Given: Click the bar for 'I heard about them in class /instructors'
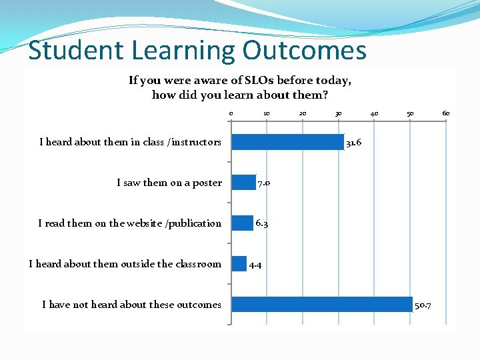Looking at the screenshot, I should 287,142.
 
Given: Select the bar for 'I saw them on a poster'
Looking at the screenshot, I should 243,183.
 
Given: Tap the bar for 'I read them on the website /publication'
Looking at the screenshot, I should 242,223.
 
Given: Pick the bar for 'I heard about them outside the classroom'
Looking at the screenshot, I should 239,264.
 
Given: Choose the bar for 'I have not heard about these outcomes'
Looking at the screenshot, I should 321,305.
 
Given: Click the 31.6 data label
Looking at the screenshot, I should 353,143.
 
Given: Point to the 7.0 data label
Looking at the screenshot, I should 263,183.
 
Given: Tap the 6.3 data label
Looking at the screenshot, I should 261,224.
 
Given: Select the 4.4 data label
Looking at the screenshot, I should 255,265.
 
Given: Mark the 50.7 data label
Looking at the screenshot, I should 423,305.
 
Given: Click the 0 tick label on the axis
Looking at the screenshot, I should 231,113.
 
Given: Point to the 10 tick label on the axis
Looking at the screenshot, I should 266,113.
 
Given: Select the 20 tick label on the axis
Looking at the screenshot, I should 302,113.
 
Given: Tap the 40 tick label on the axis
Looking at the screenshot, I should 374,113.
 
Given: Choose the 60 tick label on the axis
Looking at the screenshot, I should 446,113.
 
